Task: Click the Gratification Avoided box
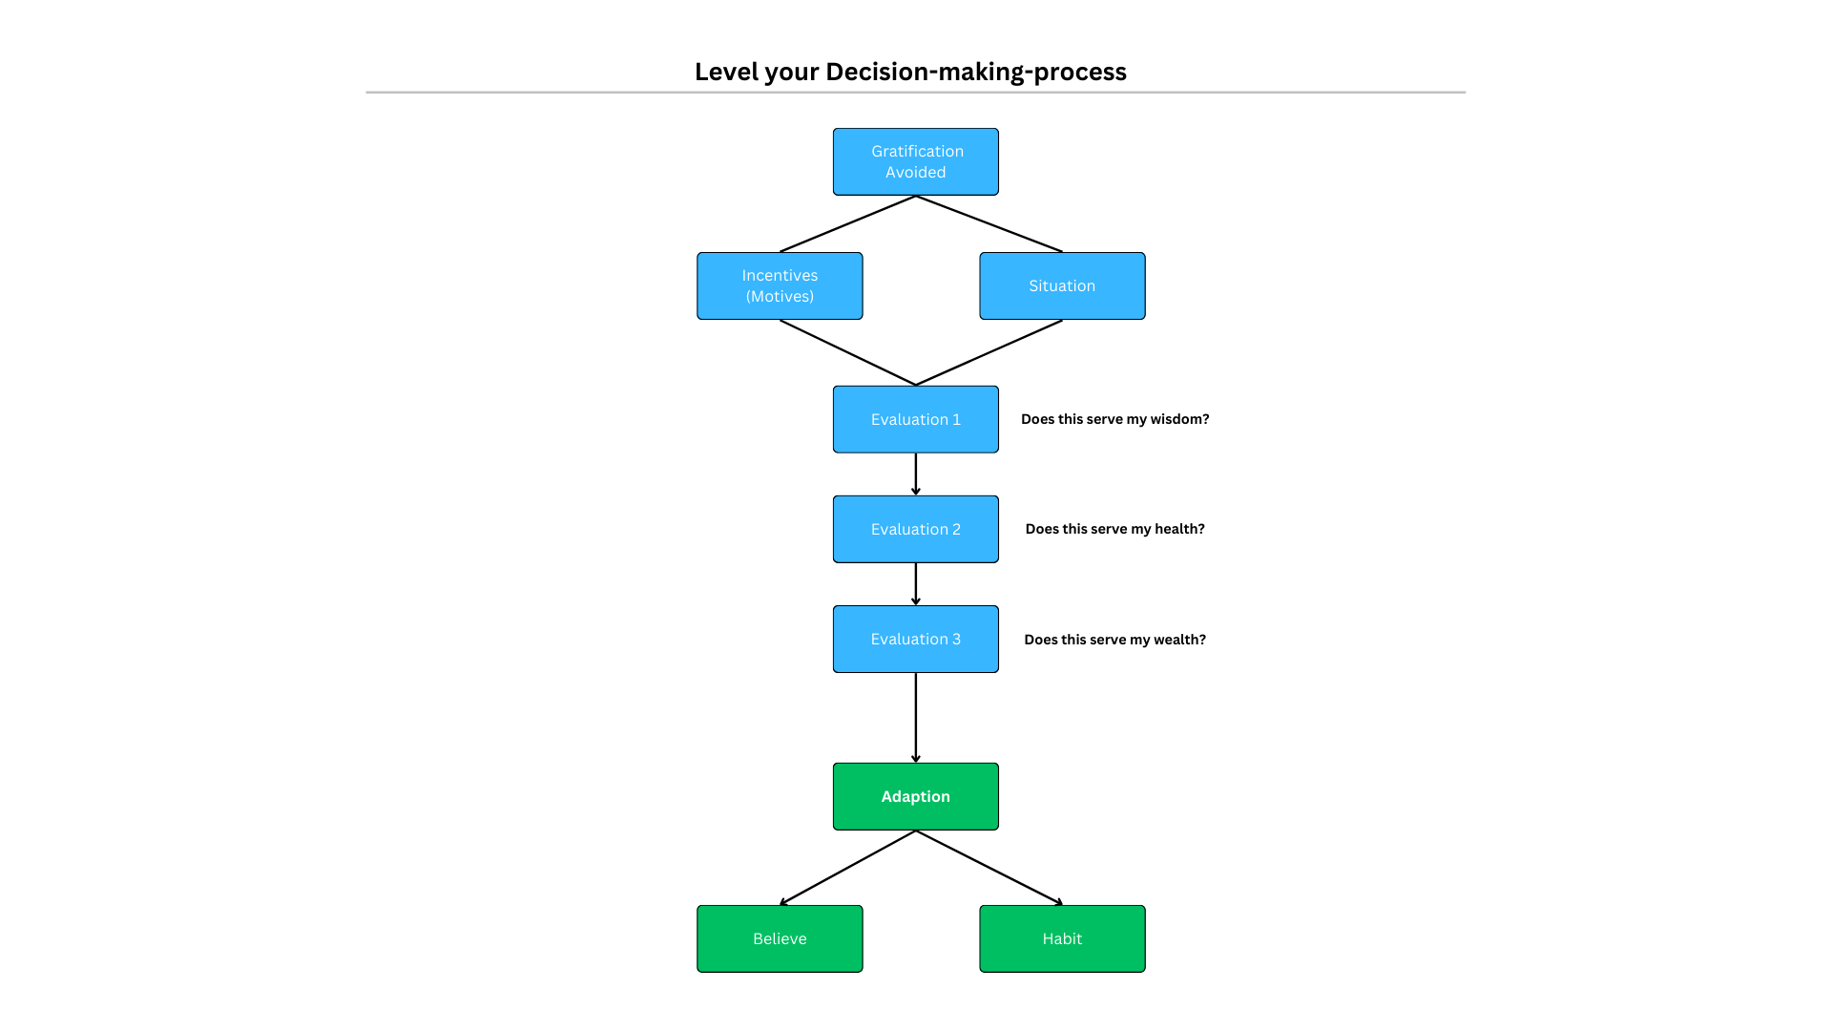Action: tap(916, 162)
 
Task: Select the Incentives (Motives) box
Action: tap(780, 285)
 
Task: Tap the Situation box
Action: tap(1062, 285)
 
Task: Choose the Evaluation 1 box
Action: tap(916, 419)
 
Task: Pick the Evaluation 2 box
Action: tap(916, 529)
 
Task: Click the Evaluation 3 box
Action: tap(916, 639)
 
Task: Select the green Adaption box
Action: tap(916, 796)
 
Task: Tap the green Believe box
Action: tap(780, 938)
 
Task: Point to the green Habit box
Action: tap(1062, 938)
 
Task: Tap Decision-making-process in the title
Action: tap(976, 73)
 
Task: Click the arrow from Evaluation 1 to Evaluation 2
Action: tap(916, 474)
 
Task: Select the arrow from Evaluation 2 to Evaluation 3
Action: tap(916, 584)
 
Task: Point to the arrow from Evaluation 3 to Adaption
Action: tap(916, 718)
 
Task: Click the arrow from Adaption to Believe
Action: tap(847, 868)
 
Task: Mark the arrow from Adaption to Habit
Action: tap(989, 868)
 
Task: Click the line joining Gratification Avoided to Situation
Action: tap(989, 224)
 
